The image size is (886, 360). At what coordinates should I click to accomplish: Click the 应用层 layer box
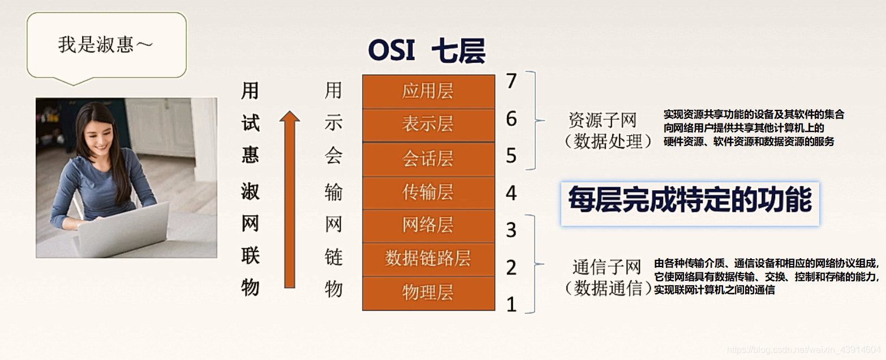pyautogui.click(x=428, y=92)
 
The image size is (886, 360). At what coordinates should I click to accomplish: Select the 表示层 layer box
pyautogui.click(x=428, y=125)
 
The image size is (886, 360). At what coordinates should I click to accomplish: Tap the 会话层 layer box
pyautogui.click(x=428, y=158)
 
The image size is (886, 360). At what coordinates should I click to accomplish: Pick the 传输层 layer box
pyautogui.click(x=428, y=192)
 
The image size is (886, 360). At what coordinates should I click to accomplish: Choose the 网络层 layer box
pyautogui.click(x=428, y=226)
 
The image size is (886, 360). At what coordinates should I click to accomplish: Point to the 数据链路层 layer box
pyautogui.click(x=428, y=259)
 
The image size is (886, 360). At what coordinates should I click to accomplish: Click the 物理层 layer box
pyautogui.click(x=428, y=293)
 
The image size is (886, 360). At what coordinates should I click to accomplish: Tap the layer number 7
pyautogui.click(x=511, y=82)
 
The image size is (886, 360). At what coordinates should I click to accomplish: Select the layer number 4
pyautogui.click(x=511, y=194)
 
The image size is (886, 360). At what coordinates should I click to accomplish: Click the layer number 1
pyautogui.click(x=511, y=305)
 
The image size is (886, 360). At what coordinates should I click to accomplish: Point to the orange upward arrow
pyautogui.click(x=290, y=198)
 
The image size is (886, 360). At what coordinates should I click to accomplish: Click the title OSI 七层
pyautogui.click(x=427, y=52)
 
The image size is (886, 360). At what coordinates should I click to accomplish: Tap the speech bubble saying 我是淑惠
pyautogui.click(x=106, y=45)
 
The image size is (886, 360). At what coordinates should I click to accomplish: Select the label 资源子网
pyautogui.click(x=603, y=120)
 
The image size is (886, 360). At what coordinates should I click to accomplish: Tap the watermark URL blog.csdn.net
pyautogui.click(x=804, y=350)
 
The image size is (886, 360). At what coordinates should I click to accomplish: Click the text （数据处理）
pyautogui.click(x=608, y=141)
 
